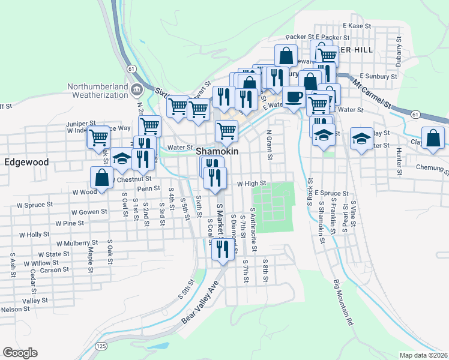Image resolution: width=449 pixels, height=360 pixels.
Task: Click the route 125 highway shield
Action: click(101, 346)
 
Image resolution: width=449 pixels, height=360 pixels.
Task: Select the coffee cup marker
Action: click(294, 97)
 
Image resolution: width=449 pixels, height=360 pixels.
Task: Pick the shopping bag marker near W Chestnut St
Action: click(101, 177)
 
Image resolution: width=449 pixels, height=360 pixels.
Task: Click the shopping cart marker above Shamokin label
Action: click(226, 130)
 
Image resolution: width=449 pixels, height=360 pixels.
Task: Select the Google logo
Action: click(20, 353)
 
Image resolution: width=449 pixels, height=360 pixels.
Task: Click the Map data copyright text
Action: click(424, 355)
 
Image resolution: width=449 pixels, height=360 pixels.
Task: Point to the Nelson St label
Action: click(15, 309)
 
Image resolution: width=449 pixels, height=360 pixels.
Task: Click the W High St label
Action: click(251, 184)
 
